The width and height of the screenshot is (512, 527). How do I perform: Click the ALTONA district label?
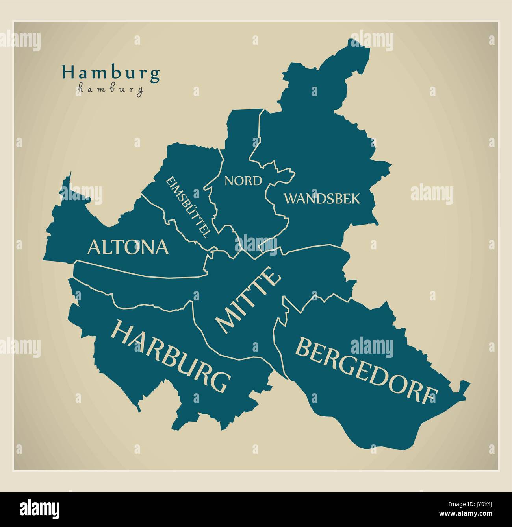click(128, 247)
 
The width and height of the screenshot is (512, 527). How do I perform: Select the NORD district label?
click(243, 181)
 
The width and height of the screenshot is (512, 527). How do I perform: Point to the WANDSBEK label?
click(322, 199)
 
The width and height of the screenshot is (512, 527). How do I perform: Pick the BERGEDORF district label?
click(366, 370)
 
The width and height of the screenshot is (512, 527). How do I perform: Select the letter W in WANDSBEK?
click(291, 199)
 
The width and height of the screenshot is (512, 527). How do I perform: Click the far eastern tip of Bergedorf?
click(469, 383)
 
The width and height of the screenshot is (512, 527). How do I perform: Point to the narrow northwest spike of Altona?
click(70, 174)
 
